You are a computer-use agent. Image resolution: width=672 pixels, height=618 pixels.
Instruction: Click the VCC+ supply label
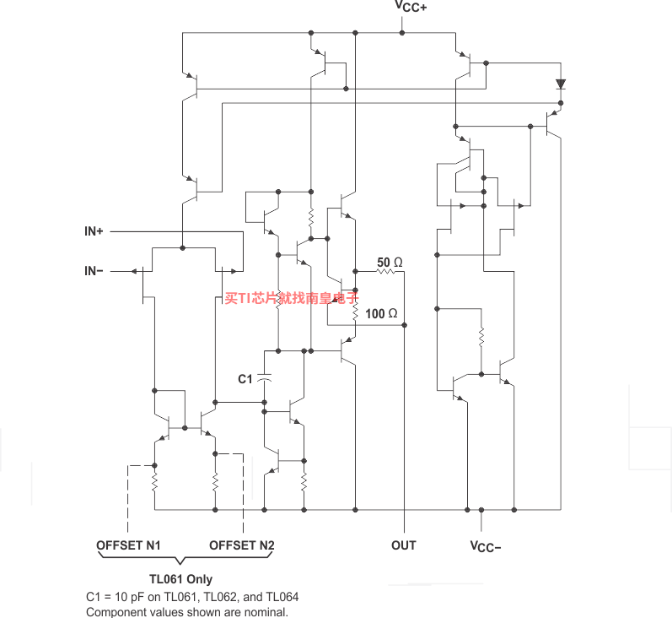410,7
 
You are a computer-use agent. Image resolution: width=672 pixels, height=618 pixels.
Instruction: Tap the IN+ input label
94,231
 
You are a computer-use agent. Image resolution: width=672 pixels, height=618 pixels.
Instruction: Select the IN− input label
94,271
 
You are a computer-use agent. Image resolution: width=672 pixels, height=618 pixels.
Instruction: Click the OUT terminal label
404,545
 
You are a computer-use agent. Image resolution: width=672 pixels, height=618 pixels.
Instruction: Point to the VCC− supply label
486,546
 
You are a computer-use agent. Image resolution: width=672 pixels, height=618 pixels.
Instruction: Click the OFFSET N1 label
128,545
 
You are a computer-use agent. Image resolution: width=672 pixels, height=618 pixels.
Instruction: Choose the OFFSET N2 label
242,545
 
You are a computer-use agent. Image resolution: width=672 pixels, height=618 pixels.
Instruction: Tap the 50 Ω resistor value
390,263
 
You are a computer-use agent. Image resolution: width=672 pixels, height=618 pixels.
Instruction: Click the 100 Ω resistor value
381,314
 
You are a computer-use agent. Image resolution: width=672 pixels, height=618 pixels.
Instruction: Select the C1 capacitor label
245,379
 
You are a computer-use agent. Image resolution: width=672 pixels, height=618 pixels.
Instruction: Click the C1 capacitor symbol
265,378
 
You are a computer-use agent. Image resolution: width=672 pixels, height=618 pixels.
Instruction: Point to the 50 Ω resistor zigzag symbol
385,272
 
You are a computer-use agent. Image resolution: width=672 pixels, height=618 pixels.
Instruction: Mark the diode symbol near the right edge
561,84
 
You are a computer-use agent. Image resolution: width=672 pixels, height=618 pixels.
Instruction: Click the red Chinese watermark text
292,297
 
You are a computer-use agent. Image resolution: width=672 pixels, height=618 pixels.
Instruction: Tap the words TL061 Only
180,579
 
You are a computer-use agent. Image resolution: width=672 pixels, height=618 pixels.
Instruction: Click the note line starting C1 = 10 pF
192,597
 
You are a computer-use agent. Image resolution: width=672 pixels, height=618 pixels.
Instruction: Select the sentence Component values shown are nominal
187,612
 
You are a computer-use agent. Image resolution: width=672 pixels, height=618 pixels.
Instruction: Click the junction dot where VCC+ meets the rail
402,33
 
